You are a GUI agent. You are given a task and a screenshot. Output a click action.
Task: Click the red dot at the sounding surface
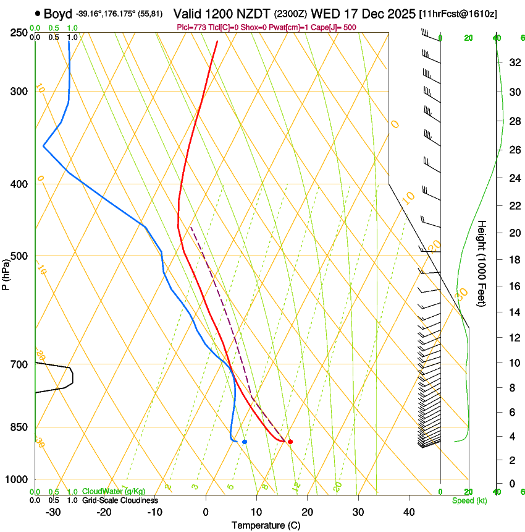coord(290,442)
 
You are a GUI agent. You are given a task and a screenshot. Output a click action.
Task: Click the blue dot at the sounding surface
coord(245,442)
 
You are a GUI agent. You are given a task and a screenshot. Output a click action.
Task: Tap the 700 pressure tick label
coord(19,364)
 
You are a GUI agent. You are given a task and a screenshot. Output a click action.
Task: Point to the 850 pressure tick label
coord(19,427)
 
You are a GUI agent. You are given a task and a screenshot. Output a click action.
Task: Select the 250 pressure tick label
coord(19,33)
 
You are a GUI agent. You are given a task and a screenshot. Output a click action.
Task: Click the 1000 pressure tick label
coord(17,479)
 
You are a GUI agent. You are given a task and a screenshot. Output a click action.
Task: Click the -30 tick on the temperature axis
coord(53,512)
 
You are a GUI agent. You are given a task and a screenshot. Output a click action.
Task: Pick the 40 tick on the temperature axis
coord(408,512)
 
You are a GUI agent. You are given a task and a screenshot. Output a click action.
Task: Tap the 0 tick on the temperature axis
coord(206,512)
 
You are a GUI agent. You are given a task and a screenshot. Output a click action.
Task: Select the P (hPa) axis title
coord(6,272)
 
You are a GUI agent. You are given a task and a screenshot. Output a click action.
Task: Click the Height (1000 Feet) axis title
coord(482,263)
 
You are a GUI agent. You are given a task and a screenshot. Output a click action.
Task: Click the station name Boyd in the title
coord(58,14)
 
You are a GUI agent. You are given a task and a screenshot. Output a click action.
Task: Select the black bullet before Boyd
coord(38,14)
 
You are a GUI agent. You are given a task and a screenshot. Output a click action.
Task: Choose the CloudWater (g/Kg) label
coord(114,492)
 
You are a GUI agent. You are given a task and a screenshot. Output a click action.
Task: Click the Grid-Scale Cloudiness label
coord(120,500)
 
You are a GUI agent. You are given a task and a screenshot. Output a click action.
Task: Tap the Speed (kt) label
coord(469,500)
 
